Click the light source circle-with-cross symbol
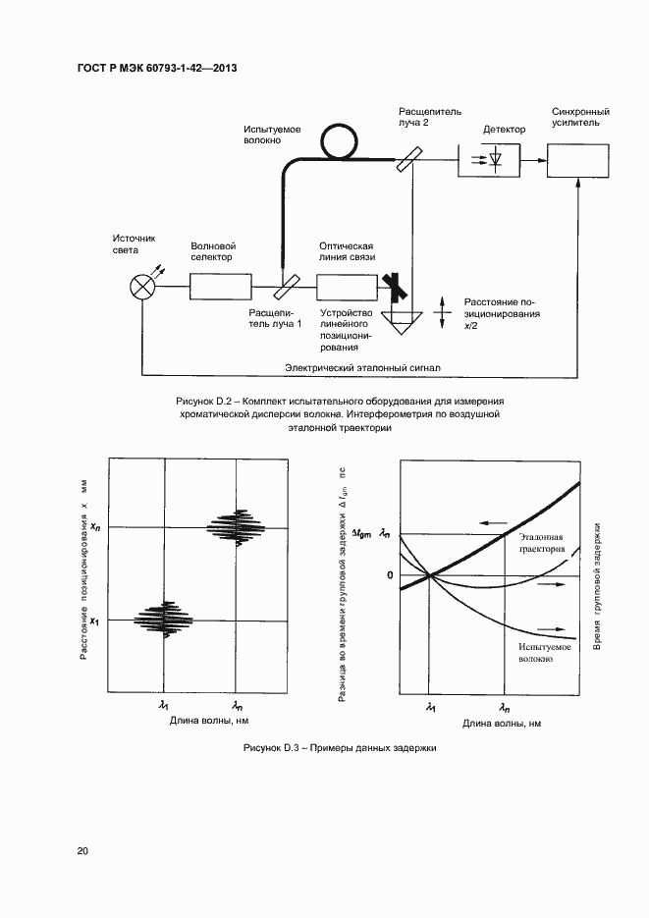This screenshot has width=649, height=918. coord(143,287)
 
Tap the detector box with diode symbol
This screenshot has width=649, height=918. coord(488,158)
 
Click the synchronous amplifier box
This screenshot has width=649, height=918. coord(577,158)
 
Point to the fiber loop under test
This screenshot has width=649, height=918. coord(340,143)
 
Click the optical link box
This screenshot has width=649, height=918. coord(347,287)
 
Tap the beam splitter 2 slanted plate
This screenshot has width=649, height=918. coord(411,157)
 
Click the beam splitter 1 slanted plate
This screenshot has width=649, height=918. coord(288,287)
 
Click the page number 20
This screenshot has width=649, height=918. coord(83,850)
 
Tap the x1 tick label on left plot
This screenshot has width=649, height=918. coord(95,621)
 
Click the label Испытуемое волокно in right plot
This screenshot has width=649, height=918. coord(534,653)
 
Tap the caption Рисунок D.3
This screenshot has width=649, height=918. coord(340,748)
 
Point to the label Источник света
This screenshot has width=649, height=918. coord(135,243)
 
